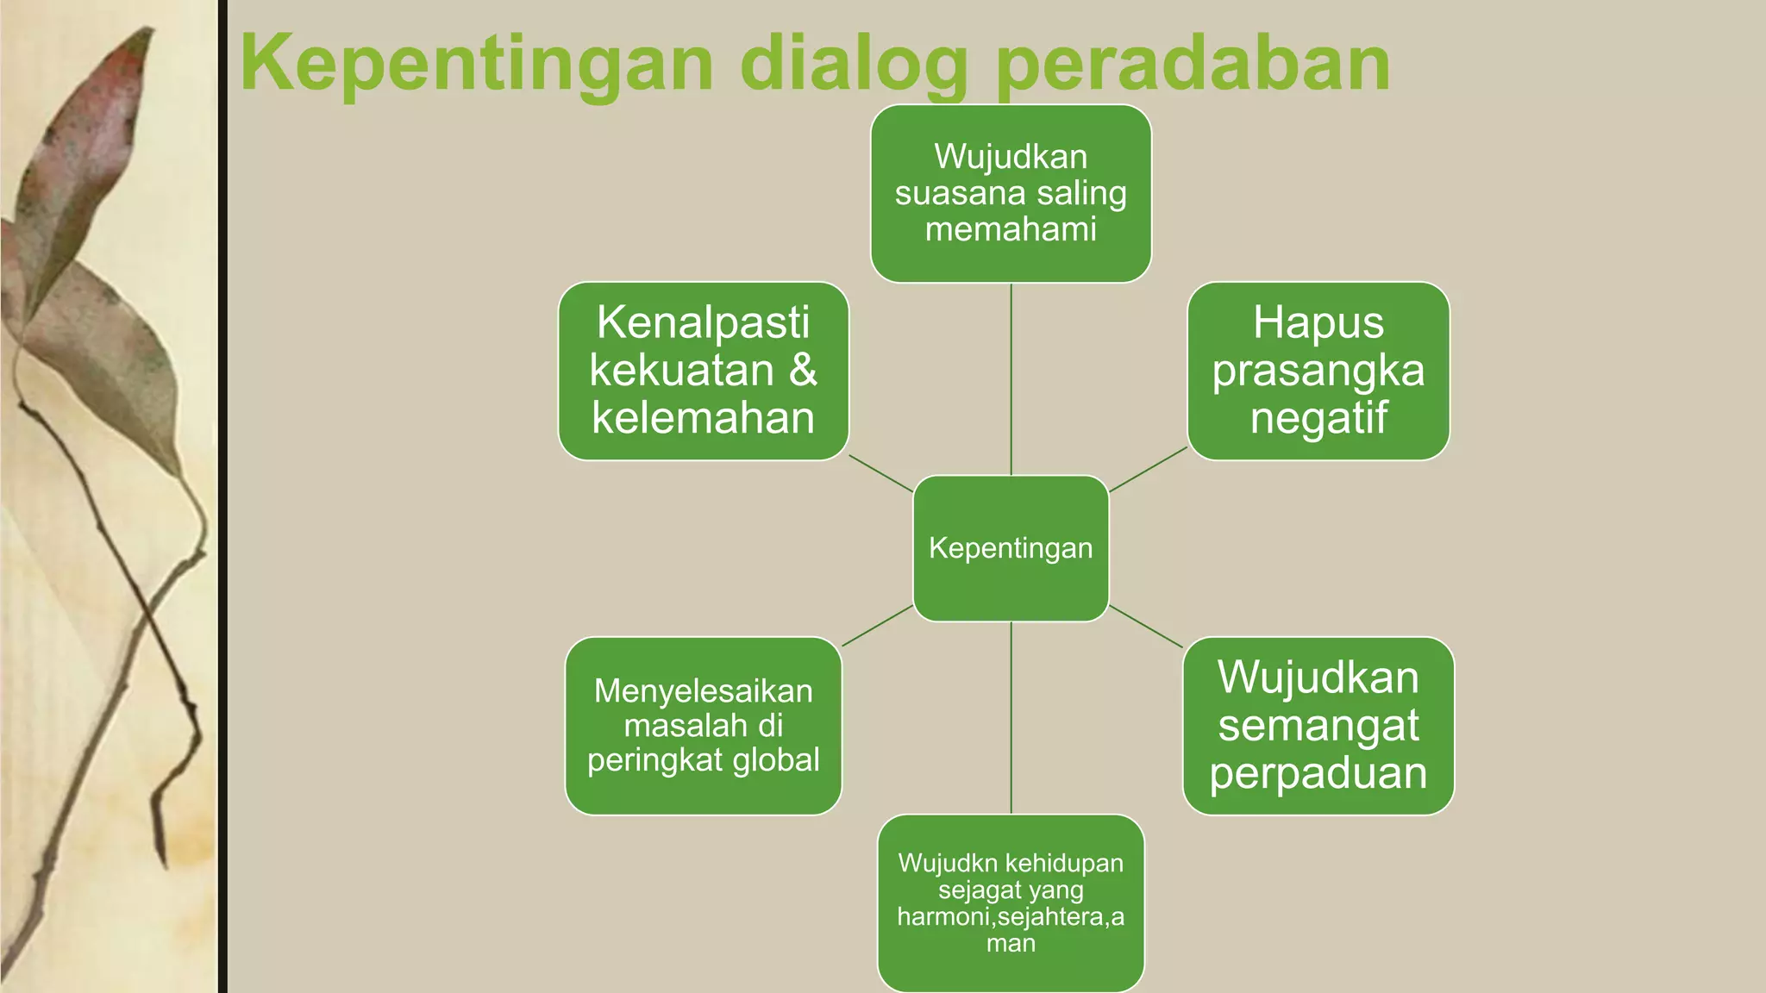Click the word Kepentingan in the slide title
tap(476, 64)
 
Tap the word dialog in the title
tap(854, 64)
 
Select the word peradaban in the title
tap(1193, 64)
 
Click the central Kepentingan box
tap(1011, 548)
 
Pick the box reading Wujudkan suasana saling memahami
tap(1011, 193)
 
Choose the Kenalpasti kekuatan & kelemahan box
tap(703, 371)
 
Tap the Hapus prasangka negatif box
tap(1318, 371)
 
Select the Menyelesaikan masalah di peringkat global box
tap(703, 726)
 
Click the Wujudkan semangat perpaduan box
tap(1318, 726)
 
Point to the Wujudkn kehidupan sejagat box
tap(1011, 902)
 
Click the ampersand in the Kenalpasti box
tap(803, 370)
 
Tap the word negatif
tap(1318, 419)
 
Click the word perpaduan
tap(1318, 773)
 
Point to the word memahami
tap(1011, 229)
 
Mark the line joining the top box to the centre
tap(1011, 379)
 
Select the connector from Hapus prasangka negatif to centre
tap(1148, 470)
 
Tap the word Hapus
tap(1318, 322)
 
